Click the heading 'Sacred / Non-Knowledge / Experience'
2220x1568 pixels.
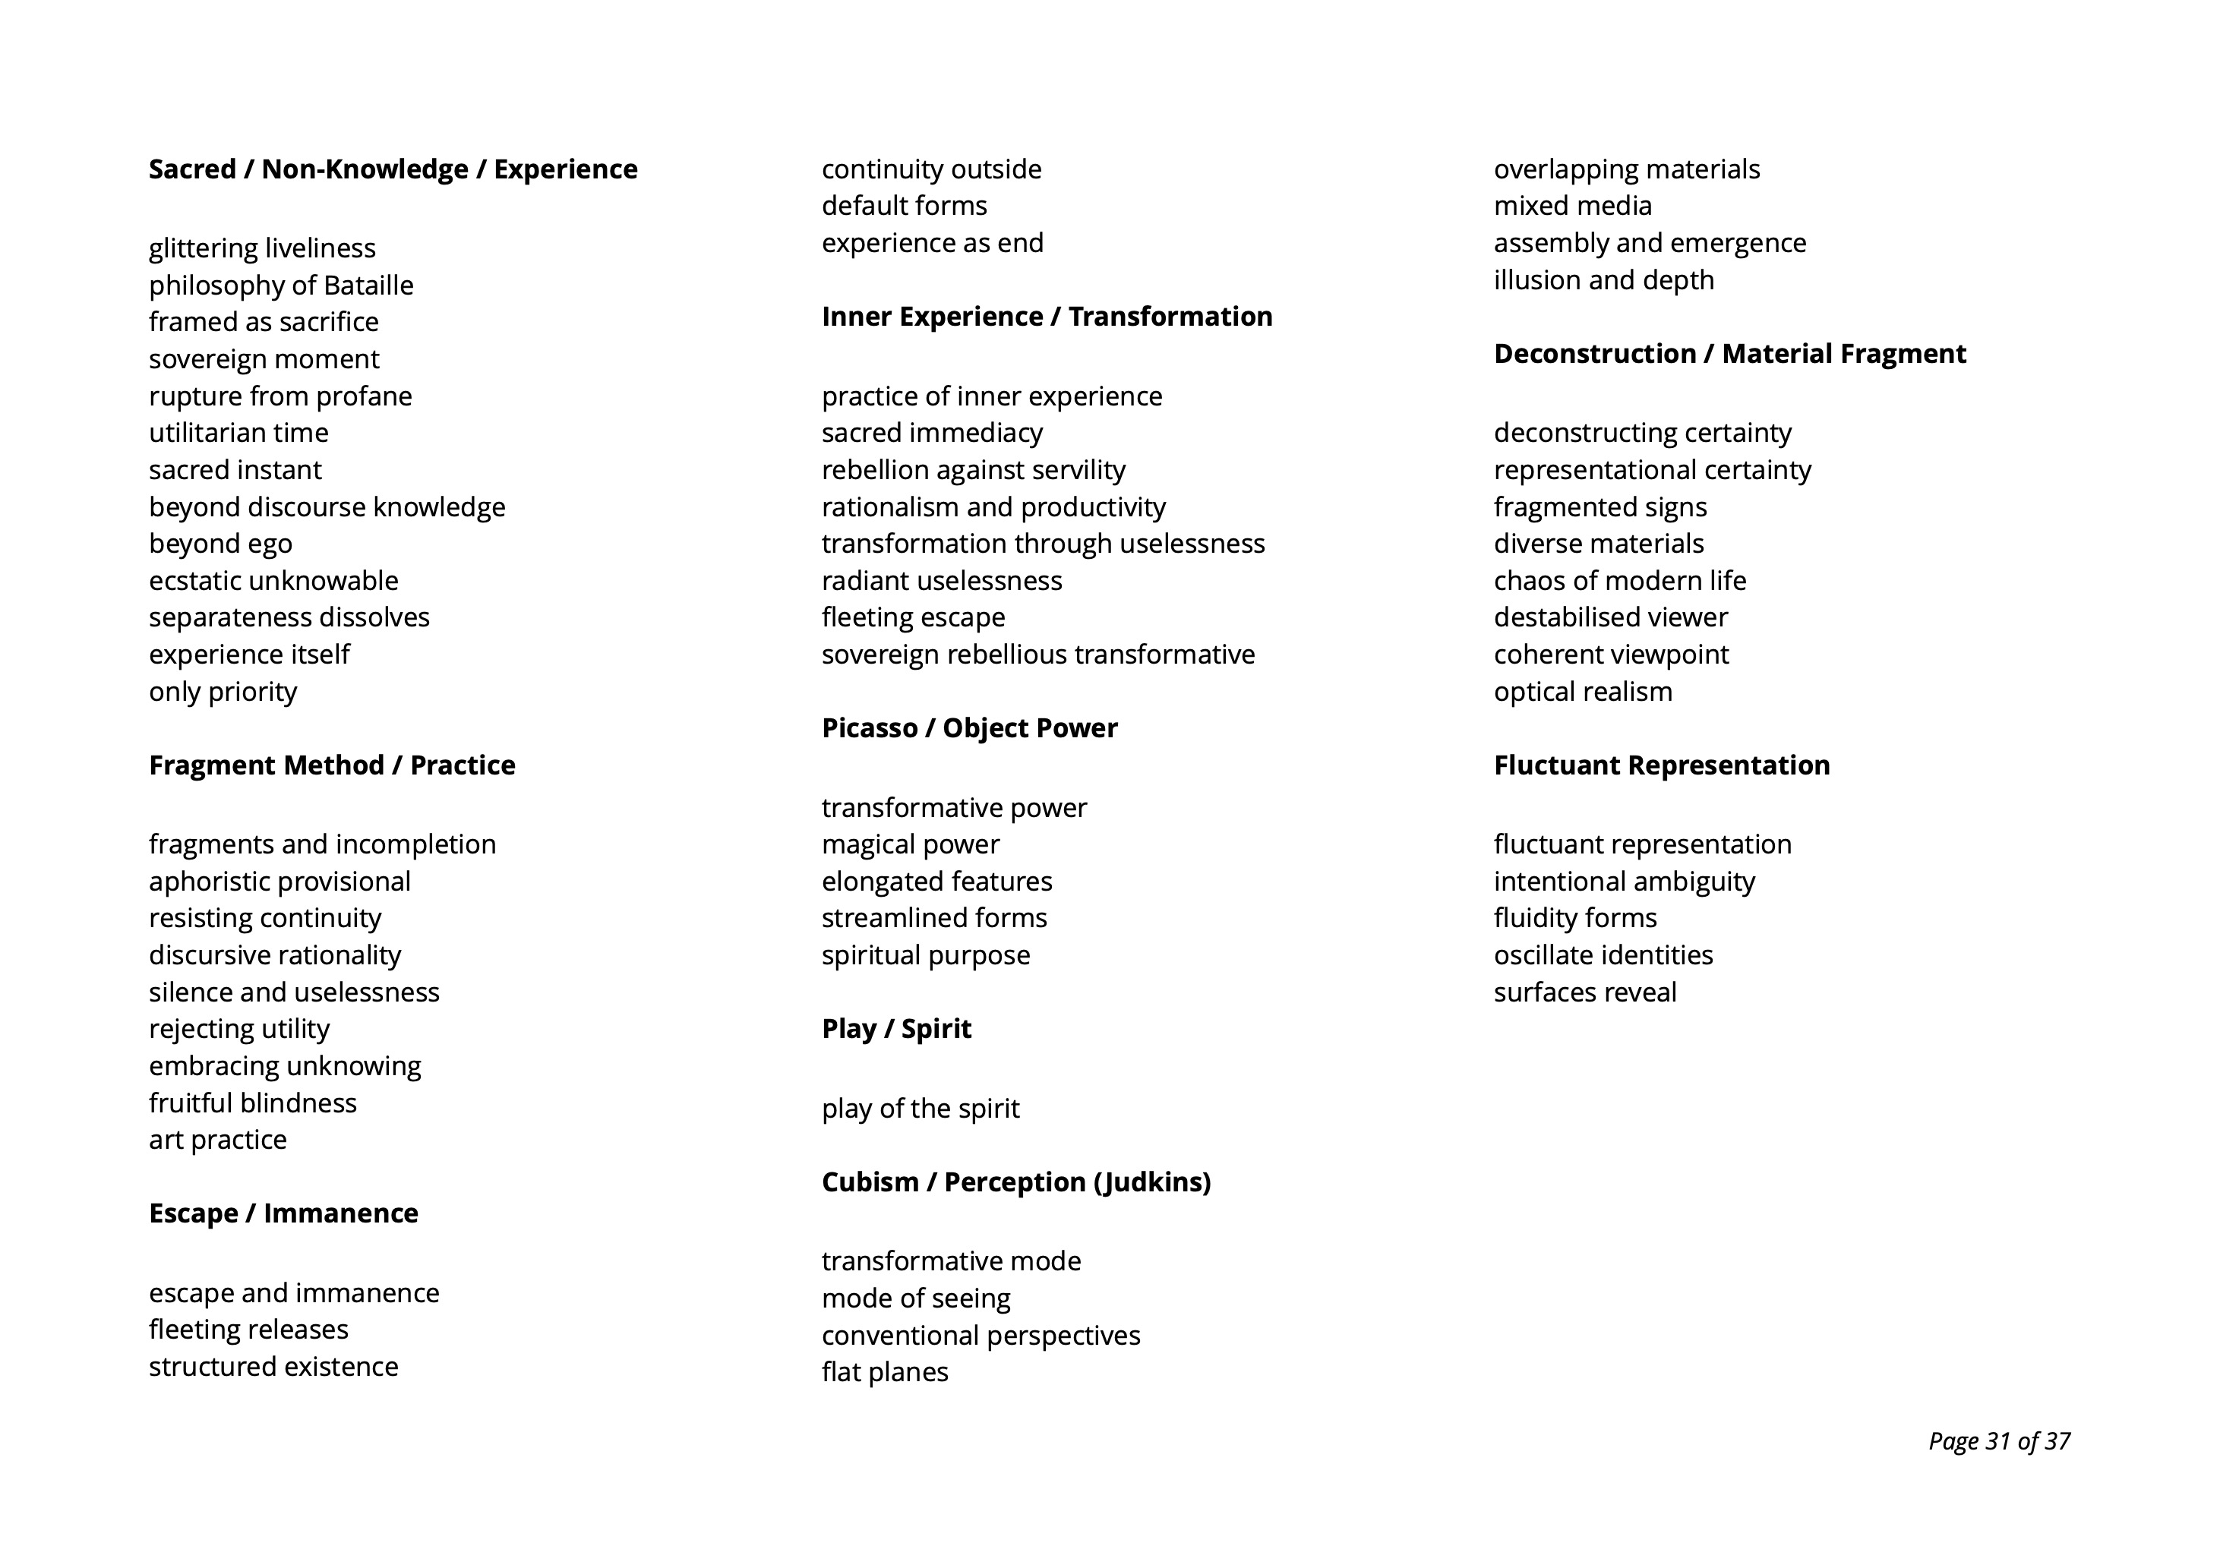point(393,169)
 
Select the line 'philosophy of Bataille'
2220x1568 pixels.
point(280,286)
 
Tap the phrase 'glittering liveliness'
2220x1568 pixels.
point(262,248)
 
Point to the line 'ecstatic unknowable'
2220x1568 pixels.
point(273,581)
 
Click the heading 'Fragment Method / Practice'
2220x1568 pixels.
point(332,765)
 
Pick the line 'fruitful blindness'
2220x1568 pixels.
point(252,1103)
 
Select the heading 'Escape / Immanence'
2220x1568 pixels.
point(283,1213)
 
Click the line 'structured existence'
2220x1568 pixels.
point(273,1367)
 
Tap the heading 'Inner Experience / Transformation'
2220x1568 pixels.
point(1046,317)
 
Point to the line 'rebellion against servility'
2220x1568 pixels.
point(973,470)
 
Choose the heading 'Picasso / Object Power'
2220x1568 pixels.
point(969,728)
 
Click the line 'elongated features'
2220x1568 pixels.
point(936,882)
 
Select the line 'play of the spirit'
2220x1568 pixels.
point(920,1109)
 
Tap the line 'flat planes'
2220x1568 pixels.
point(884,1373)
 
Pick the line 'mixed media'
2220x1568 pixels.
point(1572,206)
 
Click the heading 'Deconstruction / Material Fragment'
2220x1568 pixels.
point(1729,354)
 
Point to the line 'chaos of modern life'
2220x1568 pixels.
point(1619,581)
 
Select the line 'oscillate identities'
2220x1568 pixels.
point(1602,956)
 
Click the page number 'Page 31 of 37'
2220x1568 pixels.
point(1998,1441)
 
